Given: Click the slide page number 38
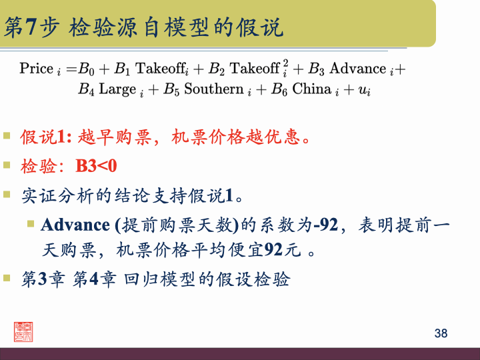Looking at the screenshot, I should (441, 333).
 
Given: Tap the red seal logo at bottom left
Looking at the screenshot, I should (26, 331).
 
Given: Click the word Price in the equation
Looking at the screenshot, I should (37, 68).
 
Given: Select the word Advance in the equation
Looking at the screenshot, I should (358, 68).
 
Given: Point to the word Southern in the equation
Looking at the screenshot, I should (213, 89).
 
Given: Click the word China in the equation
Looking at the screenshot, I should (311, 89).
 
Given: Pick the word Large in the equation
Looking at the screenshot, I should (117, 89).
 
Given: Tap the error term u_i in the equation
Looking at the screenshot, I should (365, 90).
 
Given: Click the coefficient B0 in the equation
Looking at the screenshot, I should (88, 68).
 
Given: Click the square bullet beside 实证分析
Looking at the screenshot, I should (7, 195).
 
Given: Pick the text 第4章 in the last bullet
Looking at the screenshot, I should (95, 279).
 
